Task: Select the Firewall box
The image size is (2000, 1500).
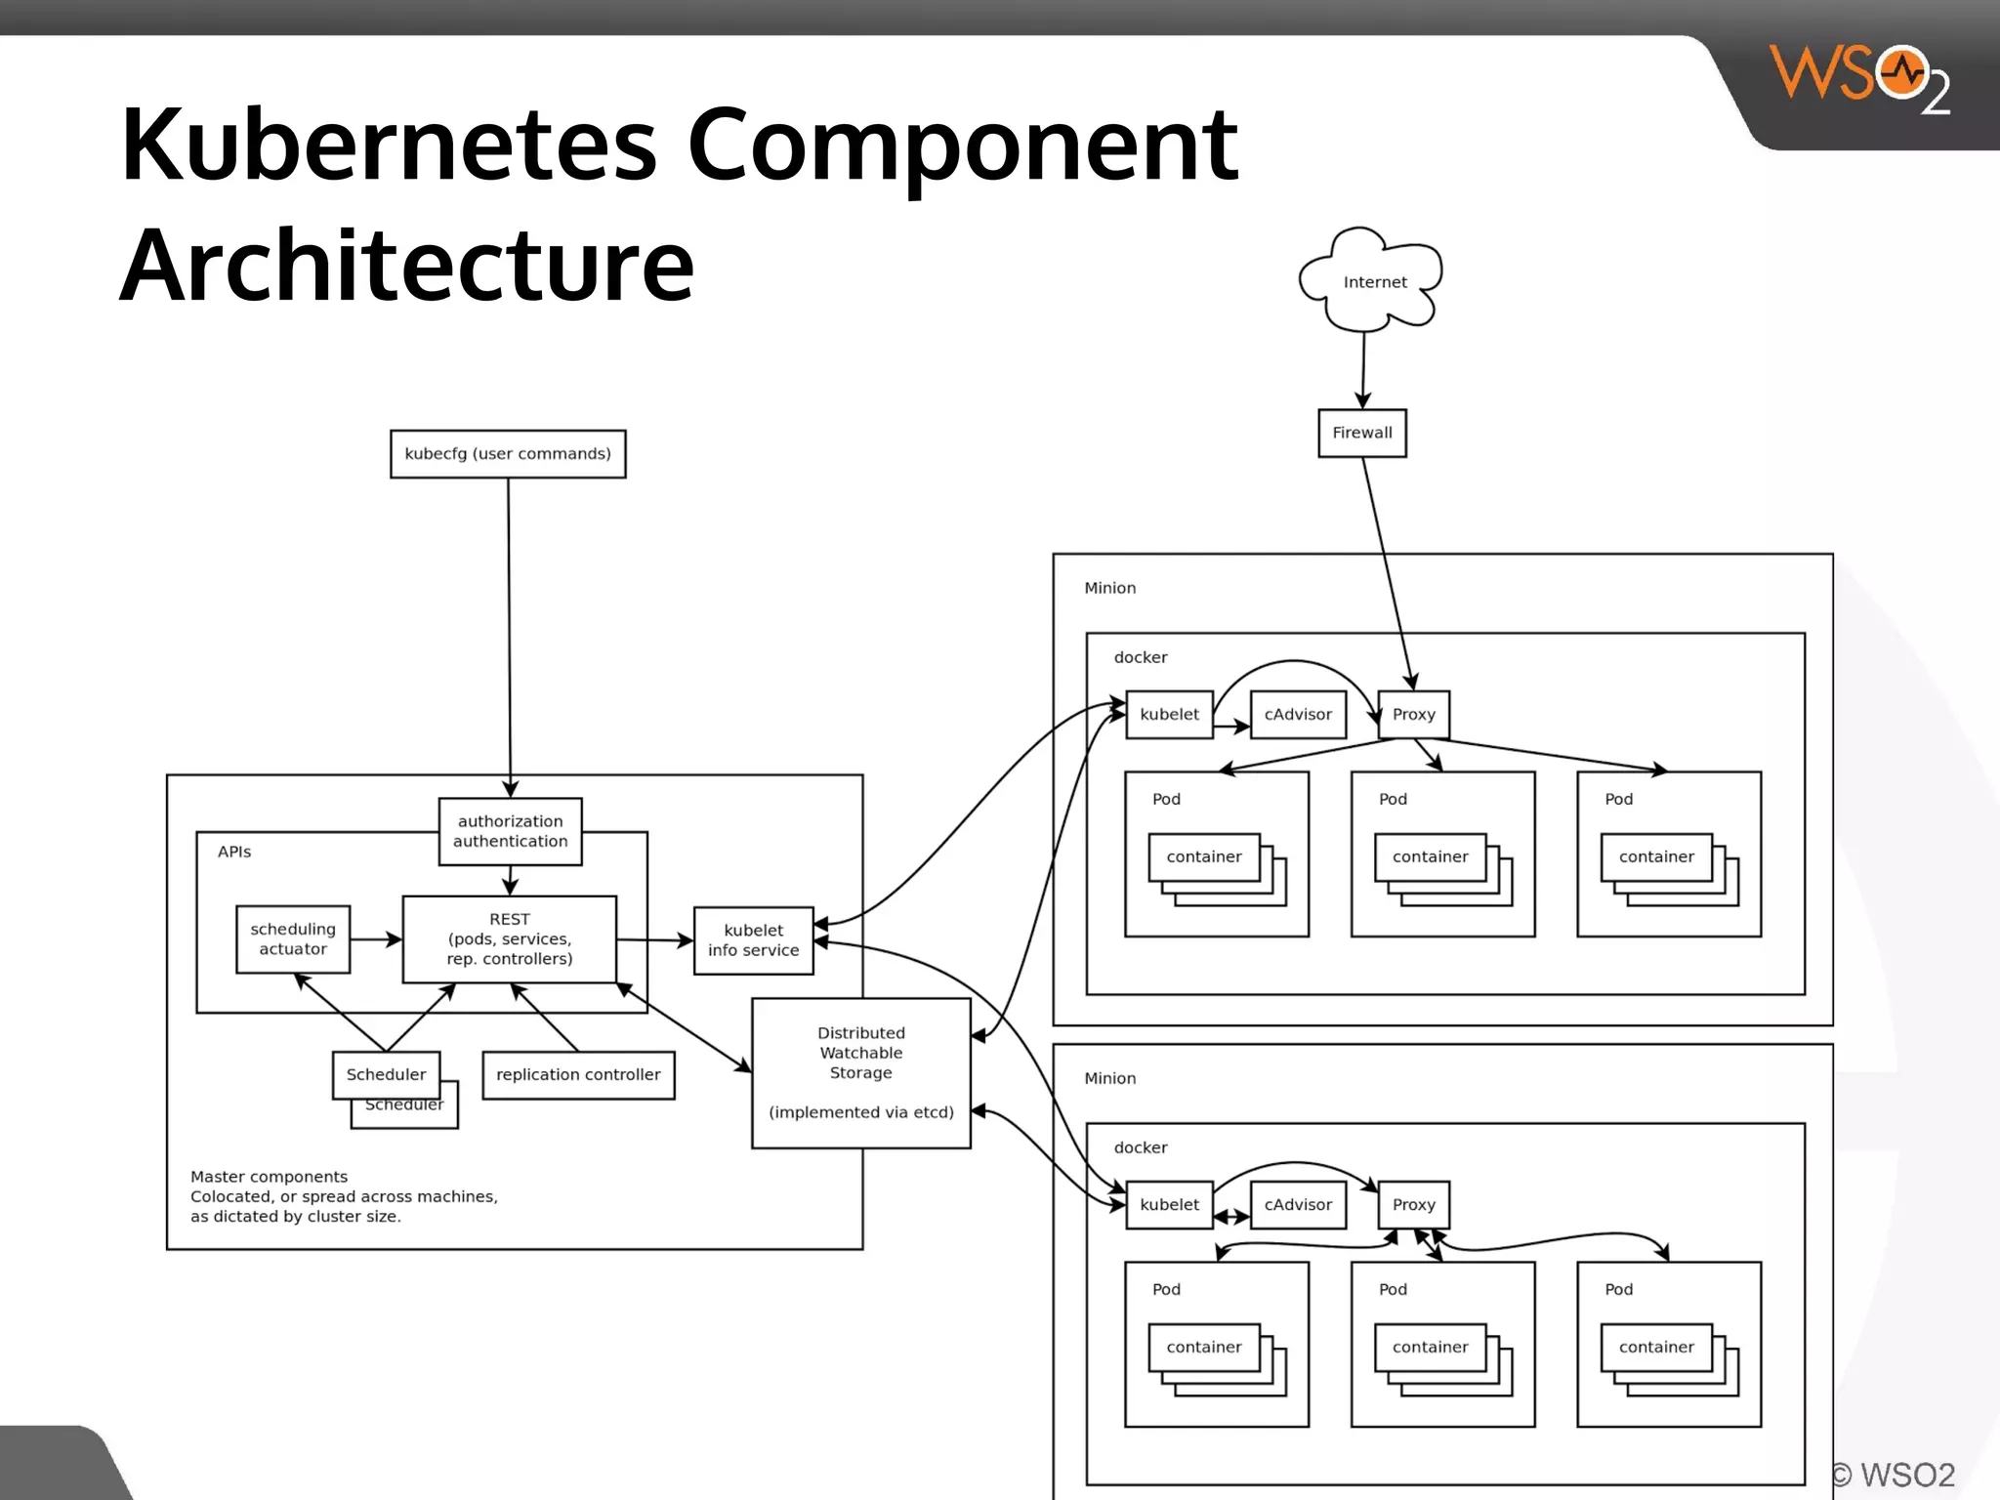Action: tap(1362, 433)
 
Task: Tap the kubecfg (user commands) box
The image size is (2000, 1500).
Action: tap(508, 454)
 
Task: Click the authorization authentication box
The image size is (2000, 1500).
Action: tap(510, 831)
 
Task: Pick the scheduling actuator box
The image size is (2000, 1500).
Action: tap(293, 938)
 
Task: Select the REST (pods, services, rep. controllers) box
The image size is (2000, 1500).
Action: tap(510, 938)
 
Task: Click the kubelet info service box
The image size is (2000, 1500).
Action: tap(753, 940)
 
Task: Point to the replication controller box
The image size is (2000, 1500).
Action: tap(578, 1075)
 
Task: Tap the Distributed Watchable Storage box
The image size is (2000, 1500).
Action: tap(860, 1072)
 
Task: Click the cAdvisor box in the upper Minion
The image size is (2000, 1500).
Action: tap(1298, 715)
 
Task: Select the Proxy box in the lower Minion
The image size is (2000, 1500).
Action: tap(1413, 1205)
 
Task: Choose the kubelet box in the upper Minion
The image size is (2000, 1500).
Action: tap(1169, 715)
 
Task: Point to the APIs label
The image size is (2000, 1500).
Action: tap(234, 852)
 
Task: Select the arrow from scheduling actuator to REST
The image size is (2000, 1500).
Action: tap(376, 939)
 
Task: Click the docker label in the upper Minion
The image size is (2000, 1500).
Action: tap(1141, 657)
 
